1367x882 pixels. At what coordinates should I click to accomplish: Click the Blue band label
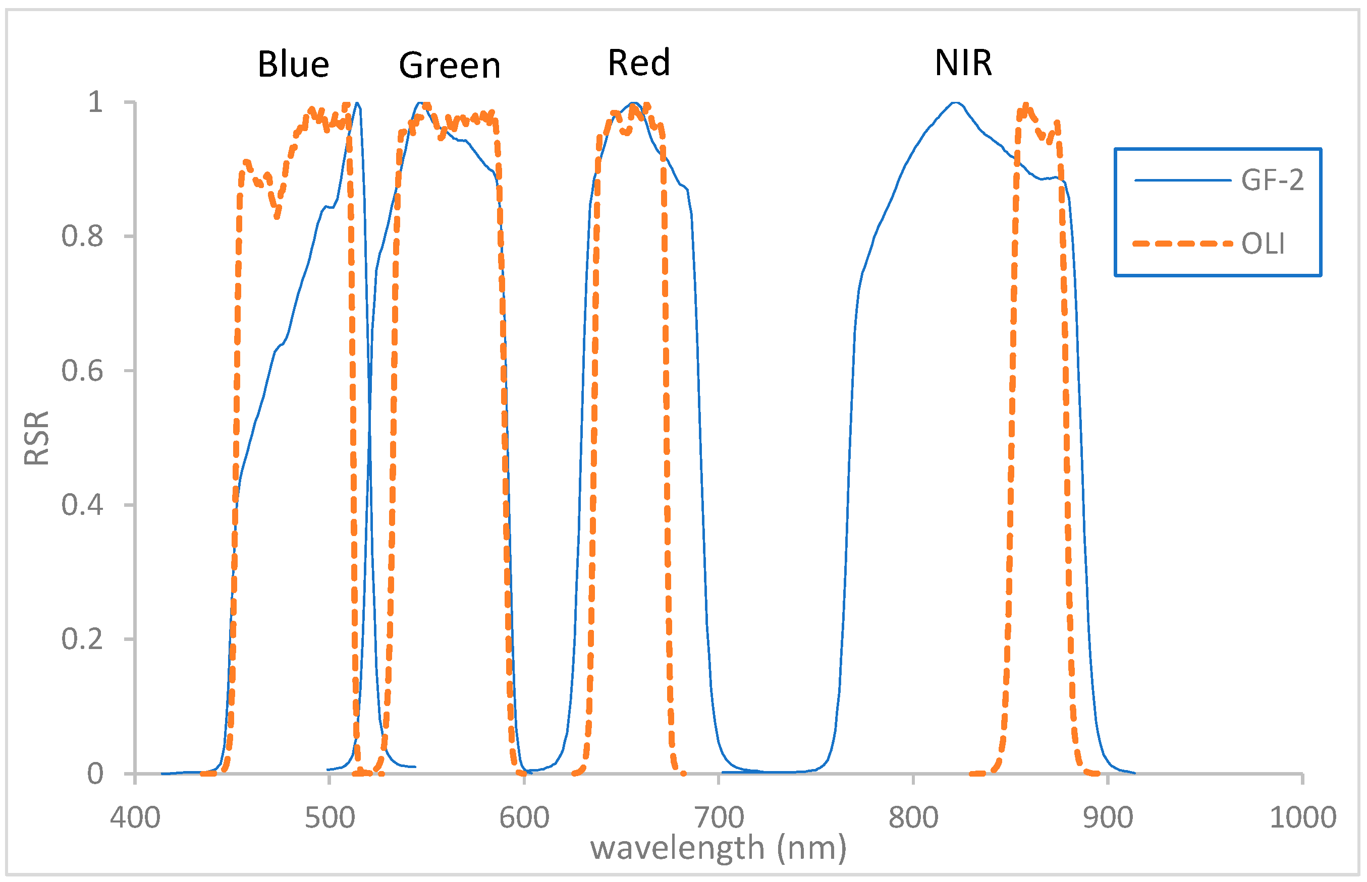tap(293, 64)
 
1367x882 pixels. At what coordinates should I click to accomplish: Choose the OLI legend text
tap(1262, 244)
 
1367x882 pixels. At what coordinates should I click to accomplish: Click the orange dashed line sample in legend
tap(1181, 244)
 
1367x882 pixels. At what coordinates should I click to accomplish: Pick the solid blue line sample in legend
tap(1181, 181)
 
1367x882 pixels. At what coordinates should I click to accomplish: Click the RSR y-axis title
tap(37, 438)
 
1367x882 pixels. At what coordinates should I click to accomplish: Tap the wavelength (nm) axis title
tap(718, 848)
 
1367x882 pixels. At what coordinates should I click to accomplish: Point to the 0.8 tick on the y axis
tap(82, 236)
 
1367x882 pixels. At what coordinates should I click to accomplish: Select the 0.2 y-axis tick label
tap(82, 638)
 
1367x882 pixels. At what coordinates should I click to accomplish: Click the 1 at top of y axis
tap(95, 102)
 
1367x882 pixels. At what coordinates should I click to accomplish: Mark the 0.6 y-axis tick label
tap(82, 371)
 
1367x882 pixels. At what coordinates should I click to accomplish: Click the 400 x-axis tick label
tap(135, 817)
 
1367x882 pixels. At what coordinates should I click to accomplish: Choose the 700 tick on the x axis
tap(719, 817)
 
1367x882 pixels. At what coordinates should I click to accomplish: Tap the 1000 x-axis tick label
tap(1302, 817)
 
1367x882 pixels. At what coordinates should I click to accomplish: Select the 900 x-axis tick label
tap(1108, 817)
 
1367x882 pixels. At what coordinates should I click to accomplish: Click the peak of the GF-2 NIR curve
tap(955, 102)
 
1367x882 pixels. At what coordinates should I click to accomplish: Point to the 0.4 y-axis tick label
tap(82, 505)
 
